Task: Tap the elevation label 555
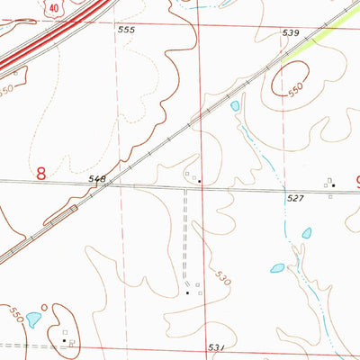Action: (x=126, y=31)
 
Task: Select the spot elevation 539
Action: (x=290, y=33)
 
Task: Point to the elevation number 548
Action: (x=97, y=180)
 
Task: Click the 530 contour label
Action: (x=221, y=278)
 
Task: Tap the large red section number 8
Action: (x=41, y=173)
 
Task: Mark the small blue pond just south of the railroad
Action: (x=235, y=106)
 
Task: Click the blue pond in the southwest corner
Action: (x=34, y=319)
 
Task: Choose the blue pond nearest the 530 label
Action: (x=277, y=268)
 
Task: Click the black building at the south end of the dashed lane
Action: (x=187, y=293)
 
